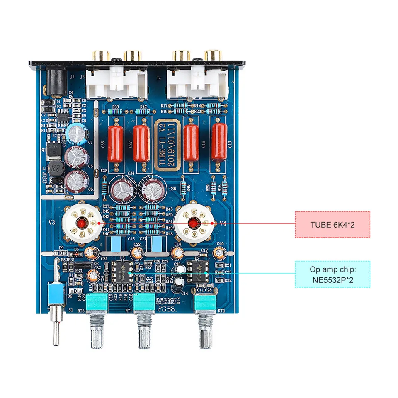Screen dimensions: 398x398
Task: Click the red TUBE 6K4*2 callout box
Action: coord(332,224)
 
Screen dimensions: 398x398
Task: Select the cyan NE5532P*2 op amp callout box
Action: coord(332,274)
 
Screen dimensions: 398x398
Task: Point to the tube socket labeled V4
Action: coord(193,224)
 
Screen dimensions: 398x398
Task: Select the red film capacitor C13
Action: coord(219,141)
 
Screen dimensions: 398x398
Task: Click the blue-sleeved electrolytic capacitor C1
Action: coord(78,133)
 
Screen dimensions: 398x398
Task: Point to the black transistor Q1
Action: coord(54,152)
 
